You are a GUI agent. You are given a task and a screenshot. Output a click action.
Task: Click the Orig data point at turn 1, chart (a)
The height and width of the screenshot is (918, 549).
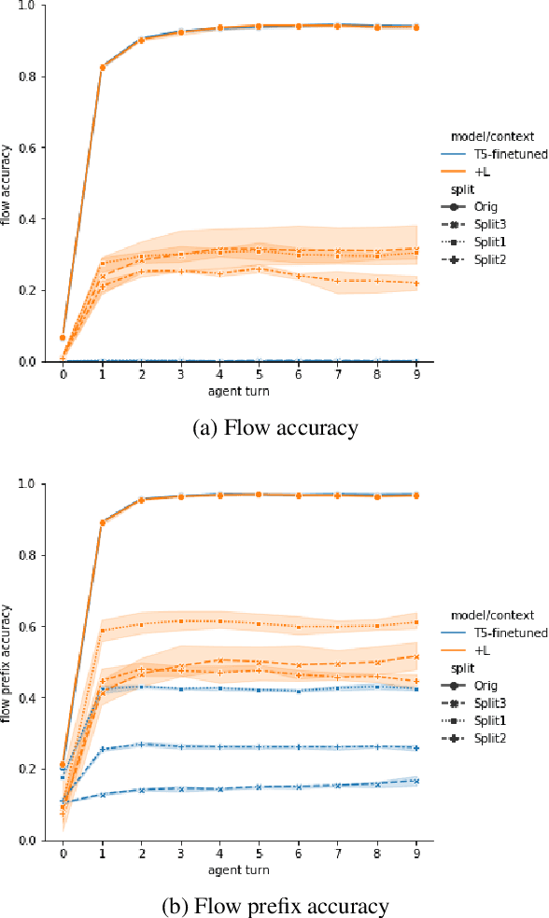click(102, 67)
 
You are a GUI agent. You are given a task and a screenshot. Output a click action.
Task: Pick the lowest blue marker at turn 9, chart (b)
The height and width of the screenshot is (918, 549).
click(415, 781)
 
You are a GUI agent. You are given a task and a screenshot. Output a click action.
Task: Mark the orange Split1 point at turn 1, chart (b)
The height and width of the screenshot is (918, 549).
click(102, 630)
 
